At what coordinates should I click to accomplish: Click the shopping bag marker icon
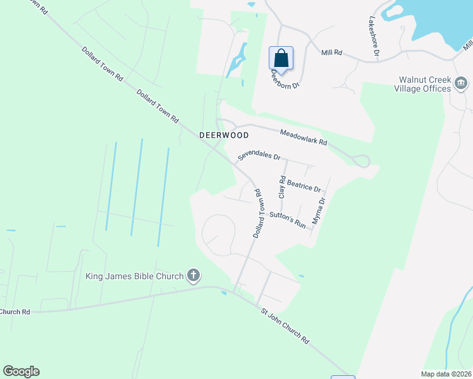281,58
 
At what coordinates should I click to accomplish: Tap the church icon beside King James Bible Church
194,275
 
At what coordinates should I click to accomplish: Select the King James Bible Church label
135,276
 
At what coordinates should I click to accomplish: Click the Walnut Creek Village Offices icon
462,83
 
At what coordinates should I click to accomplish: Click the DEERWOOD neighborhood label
224,135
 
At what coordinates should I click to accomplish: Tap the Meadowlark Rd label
304,138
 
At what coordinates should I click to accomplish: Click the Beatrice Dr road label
304,186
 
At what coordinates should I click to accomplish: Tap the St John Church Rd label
285,326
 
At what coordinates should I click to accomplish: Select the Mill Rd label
331,53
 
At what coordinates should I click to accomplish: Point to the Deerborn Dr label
285,80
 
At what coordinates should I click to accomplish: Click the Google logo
21,371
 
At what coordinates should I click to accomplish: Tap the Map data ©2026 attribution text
446,374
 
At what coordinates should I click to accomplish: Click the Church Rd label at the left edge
15,311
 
